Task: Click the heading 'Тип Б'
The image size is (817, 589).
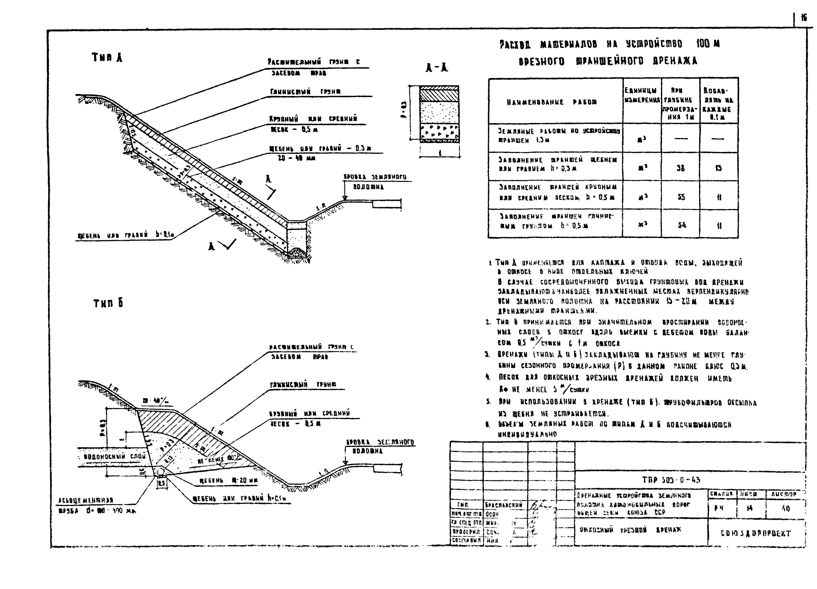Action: click(x=108, y=303)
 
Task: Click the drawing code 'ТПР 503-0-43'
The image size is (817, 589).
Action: click(x=671, y=480)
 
